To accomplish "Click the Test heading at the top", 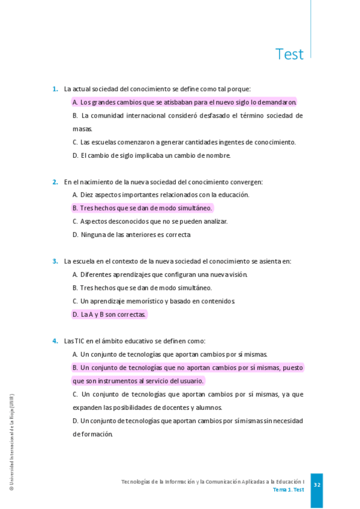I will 289,55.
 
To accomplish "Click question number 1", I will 55,89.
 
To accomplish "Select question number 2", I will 55,182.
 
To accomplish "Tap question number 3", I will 55,261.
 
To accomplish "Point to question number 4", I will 55,341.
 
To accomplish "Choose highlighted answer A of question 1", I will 185,103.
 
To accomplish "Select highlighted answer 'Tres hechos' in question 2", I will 142,208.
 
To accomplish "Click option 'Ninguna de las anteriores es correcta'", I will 131,235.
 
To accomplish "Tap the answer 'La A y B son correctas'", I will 109,315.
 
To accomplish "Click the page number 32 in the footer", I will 317,485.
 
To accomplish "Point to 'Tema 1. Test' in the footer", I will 288,490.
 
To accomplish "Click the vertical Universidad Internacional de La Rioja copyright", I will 11,442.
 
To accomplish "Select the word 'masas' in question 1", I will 82,129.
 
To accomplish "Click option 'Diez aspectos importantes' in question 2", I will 161,195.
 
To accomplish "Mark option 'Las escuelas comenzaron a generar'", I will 184,142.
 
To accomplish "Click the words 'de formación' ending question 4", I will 92,434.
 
